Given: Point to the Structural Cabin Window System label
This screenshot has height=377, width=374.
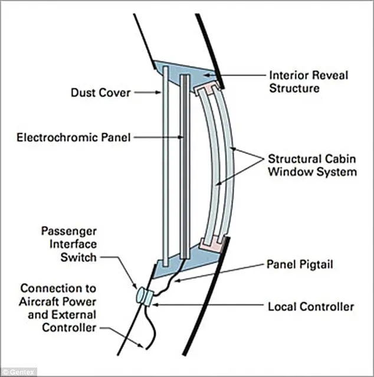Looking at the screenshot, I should pos(312,165).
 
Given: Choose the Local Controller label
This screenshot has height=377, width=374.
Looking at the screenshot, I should pos(311,306).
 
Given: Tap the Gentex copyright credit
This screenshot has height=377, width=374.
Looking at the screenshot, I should pos(19,372).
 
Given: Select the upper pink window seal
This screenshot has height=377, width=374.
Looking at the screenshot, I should pos(209,90).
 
